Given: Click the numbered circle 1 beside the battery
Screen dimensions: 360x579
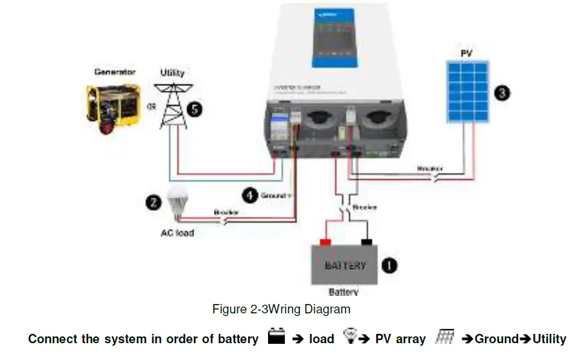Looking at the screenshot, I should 389,265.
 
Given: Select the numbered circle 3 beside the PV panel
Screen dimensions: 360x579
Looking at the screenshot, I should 502,93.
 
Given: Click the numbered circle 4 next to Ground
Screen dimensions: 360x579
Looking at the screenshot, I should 249,195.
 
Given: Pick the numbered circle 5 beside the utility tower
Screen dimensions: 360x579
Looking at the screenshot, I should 195,109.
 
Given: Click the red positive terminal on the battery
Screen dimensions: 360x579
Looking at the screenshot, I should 324,242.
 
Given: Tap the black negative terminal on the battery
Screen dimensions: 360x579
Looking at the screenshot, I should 366,242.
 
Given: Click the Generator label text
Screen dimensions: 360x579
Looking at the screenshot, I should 114,72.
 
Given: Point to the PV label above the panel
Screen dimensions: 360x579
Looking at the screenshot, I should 466,54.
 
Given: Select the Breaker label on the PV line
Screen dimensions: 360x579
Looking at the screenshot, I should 430,168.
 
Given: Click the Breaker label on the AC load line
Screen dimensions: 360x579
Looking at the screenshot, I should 226,212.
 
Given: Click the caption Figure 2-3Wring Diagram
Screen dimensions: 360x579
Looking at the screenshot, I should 281,309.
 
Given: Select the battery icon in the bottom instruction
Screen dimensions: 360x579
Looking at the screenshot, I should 276,338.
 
